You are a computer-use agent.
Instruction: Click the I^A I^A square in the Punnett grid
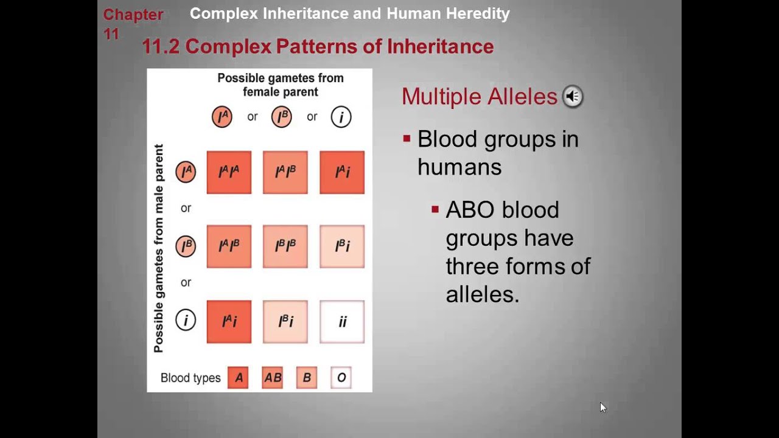(x=229, y=172)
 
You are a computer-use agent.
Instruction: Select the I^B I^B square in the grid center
(x=285, y=246)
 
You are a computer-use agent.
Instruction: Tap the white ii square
(x=342, y=321)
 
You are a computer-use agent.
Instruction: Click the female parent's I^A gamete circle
(x=222, y=117)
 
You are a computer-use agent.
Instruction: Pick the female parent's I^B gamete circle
(x=281, y=117)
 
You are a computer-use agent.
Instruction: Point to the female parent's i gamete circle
(x=341, y=117)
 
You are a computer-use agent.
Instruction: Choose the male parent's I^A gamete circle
(x=186, y=172)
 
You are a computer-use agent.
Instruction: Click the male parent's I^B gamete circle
(x=186, y=246)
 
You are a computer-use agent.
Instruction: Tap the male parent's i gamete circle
(x=186, y=321)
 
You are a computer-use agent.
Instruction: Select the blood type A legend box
(x=238, y=378)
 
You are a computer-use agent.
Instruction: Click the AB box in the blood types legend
(x=272, y=378)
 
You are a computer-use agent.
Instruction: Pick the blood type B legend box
(x=307, y=378)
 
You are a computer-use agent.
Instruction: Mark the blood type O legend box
(x=341, y=378)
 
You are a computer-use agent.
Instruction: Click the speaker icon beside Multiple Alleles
(x=572, y=96)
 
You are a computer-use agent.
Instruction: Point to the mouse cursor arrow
(x=603, y=407)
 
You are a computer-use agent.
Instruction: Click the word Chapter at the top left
(x=133, y=15)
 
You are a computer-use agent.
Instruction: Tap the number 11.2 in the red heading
(x=161, y=46)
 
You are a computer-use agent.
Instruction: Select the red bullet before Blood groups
(x=407, y=139)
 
